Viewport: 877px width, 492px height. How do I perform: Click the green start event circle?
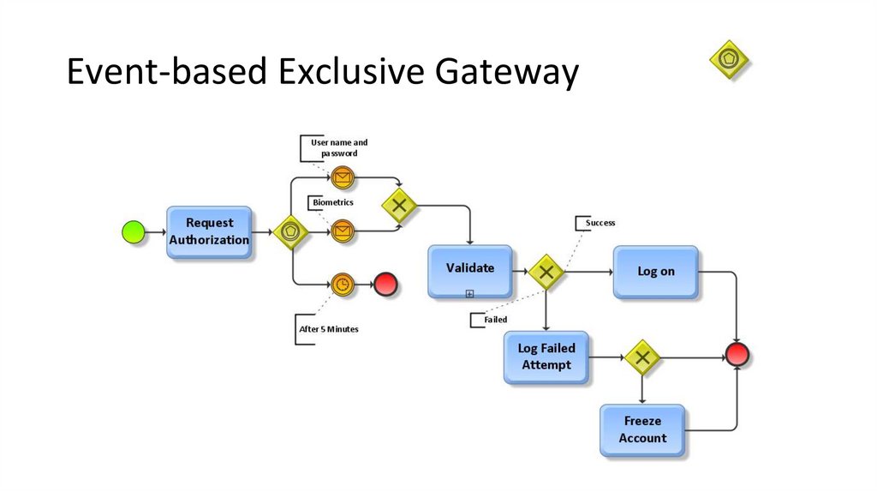tap(134, 231)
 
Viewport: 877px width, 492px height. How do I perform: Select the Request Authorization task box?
tap(209, 232)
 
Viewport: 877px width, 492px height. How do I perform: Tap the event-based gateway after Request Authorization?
tap(291, 231)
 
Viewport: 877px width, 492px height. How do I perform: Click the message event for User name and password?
tap(343, 178)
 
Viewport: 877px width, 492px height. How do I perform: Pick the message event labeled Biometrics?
tap(343, 231)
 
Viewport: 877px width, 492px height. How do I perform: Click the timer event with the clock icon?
tap(343, 285)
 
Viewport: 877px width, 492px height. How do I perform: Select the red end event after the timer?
tap(386, 285)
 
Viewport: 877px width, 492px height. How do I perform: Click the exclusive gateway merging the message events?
tap(399, 206)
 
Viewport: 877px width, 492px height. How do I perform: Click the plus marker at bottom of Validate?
tap(469, 294)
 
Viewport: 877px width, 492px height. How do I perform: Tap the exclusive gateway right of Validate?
tap(545, 273)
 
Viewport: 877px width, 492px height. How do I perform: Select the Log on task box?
tap(656, 272)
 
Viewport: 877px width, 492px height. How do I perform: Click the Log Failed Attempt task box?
tap(546, 357)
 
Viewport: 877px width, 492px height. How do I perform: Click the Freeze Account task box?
tap(642, 430)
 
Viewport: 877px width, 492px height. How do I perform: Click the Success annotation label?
tap(600, 223)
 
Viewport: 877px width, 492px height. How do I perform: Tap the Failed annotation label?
tap(496, 320)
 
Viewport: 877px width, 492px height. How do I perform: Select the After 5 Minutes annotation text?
tap(329, 329)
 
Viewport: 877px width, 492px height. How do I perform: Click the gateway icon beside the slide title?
tap(729, 60)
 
